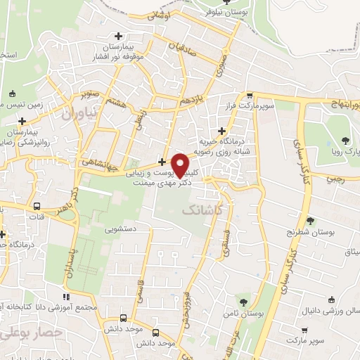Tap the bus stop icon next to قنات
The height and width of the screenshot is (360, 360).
pyautogui.click(x=37, y=207)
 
